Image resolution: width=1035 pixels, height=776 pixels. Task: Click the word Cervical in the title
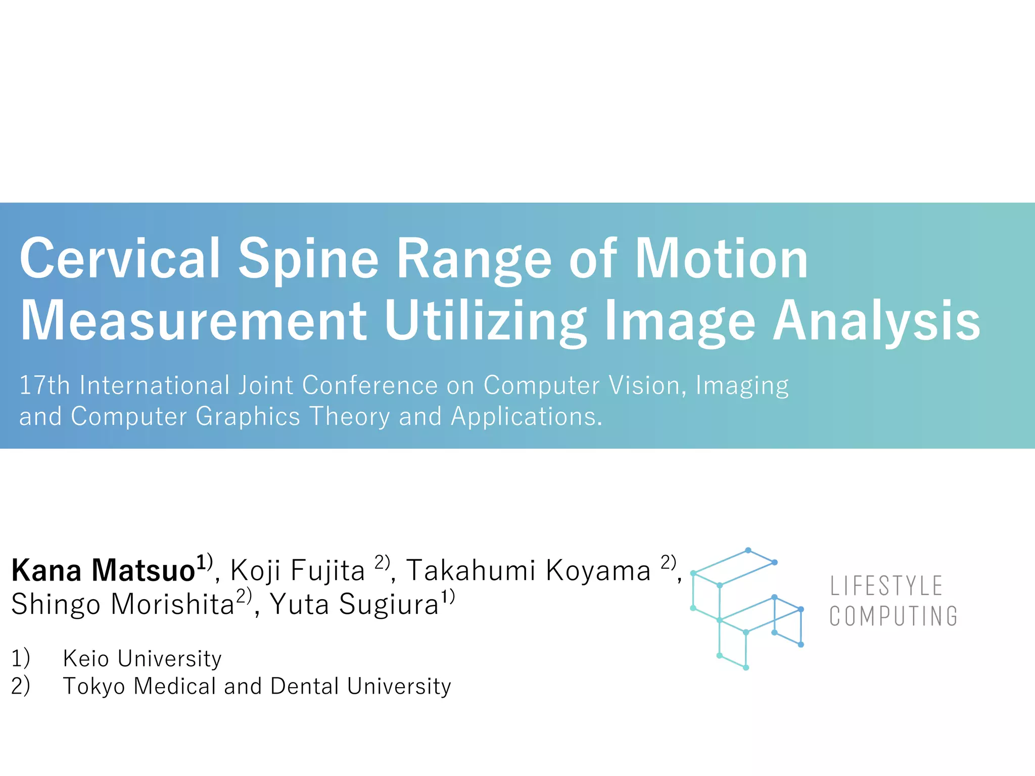point(120,259)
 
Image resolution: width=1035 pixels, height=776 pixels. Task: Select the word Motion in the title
point(721,259)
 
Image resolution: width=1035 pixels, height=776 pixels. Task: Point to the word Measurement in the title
point(193,321)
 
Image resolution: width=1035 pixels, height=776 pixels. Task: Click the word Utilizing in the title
point(485,321)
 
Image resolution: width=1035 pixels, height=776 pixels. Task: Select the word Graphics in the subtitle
point(248,417)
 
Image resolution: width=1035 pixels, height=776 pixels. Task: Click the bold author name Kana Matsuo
point(104,571)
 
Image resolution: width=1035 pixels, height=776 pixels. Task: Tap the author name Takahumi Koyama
point(528,571)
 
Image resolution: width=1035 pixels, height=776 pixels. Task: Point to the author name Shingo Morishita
point(123,604)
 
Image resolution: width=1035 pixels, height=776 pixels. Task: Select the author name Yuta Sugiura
point(354,604)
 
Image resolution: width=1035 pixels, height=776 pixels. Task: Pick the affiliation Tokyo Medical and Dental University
point(257,687)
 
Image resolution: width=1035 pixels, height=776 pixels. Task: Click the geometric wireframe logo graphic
point(746,609)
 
